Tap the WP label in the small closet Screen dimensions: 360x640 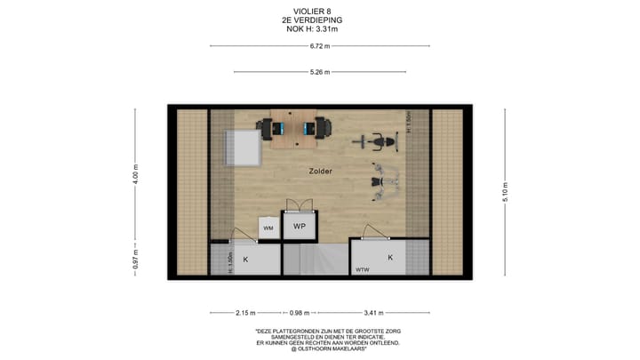tap(300, 227)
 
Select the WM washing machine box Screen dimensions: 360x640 tap(268, 228)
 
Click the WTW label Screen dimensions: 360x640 tap(363, 269)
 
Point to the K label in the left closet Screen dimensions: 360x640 tap(246, 259)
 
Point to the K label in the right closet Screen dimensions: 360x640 tap(389, 257)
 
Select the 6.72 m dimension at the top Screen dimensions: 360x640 tap(320, 46)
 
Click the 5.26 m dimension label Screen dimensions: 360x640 tap(320, 72)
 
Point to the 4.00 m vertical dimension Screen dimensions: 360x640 tap(136, 172)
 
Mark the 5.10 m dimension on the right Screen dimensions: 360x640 tap(505, 194)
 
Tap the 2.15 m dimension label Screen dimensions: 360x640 tap(246, 312)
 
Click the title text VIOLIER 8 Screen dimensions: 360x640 tap(320, 12)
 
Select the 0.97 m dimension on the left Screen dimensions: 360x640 tap(136, 262)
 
